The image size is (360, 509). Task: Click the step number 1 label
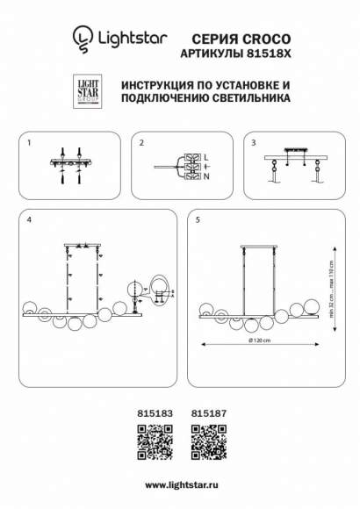(x=29, y=142)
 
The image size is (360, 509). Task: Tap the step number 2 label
(x=140, y=142)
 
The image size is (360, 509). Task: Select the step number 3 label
(x=253, y=142)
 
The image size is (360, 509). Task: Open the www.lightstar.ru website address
(x=180, y=484)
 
